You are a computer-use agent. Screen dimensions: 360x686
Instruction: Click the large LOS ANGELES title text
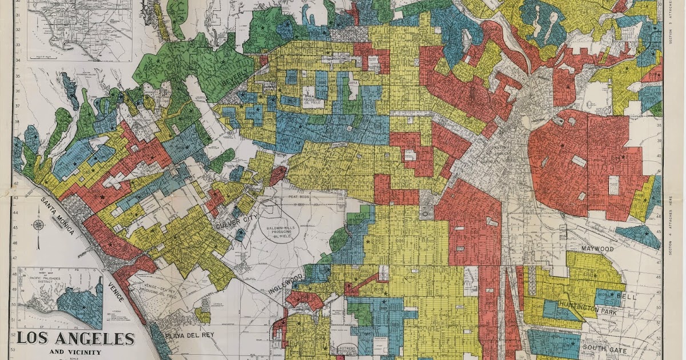[x=75, y=338]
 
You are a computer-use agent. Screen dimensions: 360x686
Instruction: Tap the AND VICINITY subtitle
[x=75, y=352]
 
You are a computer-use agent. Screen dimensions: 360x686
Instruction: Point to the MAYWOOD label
[x=597, y=249]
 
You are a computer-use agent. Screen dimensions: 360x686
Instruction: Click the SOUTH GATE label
[x=605, y=350]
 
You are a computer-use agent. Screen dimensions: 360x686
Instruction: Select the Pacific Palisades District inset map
[x=60, y=297]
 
